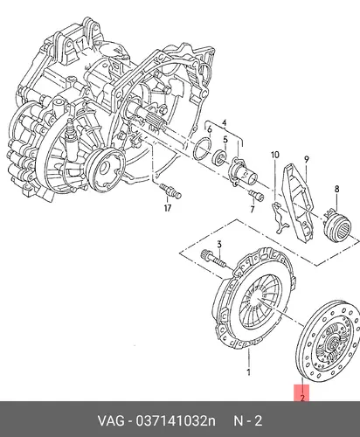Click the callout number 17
[x=168, y=208]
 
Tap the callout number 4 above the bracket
[x=224, y=123]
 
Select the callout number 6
[x=210, y=130]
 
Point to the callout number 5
[x=225, y=140]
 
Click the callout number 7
[x=253, y=209]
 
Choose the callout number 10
[x=274, y=155]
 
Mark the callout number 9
[x=307, y=160]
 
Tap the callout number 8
[x=336, y=189]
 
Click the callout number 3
[x=219, y=245]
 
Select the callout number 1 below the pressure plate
[x=248, y=372]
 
